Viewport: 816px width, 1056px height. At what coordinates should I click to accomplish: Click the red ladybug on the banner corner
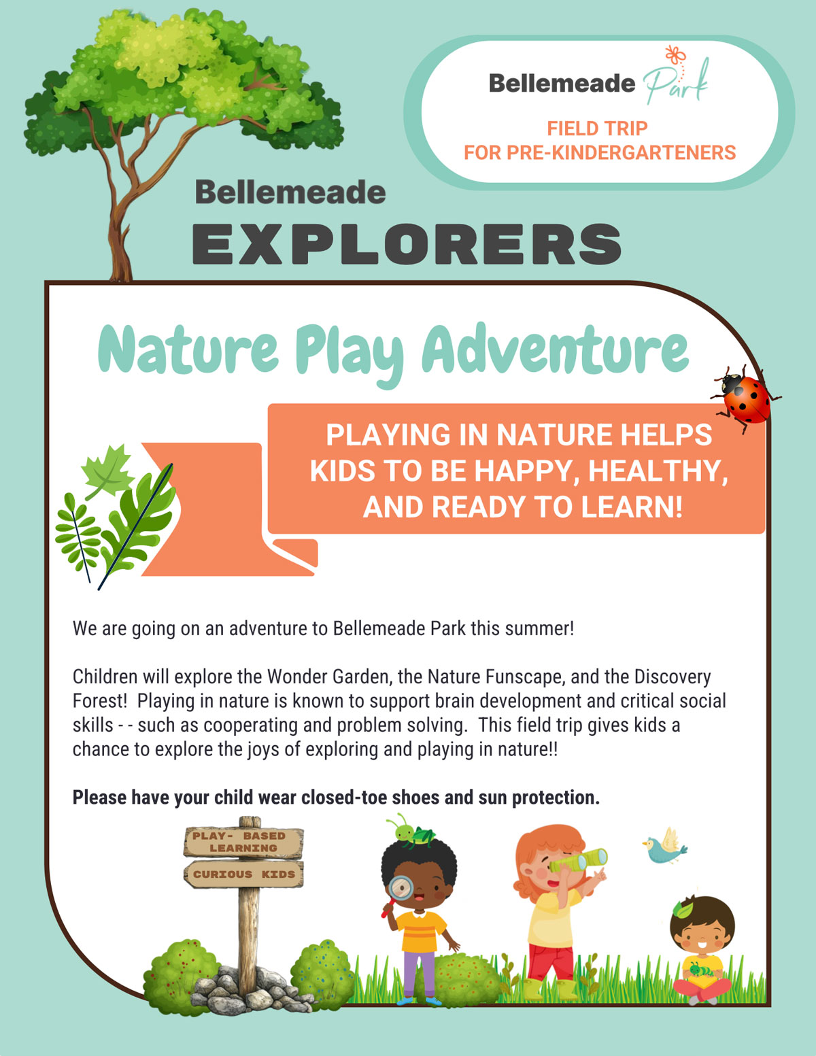(745, 398)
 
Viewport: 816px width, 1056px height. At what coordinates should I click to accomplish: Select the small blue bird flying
(665, 846)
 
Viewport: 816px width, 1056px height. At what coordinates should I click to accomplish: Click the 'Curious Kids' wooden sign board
(243, 874)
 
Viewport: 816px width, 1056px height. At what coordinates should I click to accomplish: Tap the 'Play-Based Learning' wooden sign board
(243, 842)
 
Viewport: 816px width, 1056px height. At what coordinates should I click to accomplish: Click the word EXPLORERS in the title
(407, 243)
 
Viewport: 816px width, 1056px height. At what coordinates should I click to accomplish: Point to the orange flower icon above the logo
(675, 55)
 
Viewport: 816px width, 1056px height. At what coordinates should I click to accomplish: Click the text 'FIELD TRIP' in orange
(597, 129)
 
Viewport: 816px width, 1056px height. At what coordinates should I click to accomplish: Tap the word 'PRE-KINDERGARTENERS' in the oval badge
(621, 152)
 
